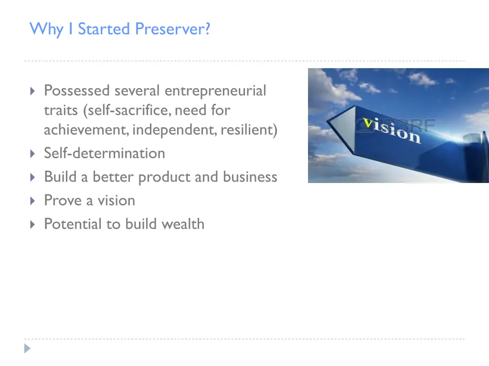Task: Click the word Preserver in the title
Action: point(172,29)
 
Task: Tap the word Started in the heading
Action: point(105,29)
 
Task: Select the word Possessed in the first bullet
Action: point(77,91)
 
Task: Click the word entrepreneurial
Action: point(215,91)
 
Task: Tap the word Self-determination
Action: point(105,153)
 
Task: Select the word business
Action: point(249,177)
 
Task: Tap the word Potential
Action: point(73,224)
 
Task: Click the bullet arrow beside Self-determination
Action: point(32,153)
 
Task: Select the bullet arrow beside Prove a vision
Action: point(32,201)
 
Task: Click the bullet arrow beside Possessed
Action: point(32,91)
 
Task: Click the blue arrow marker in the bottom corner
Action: point(28,349)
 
